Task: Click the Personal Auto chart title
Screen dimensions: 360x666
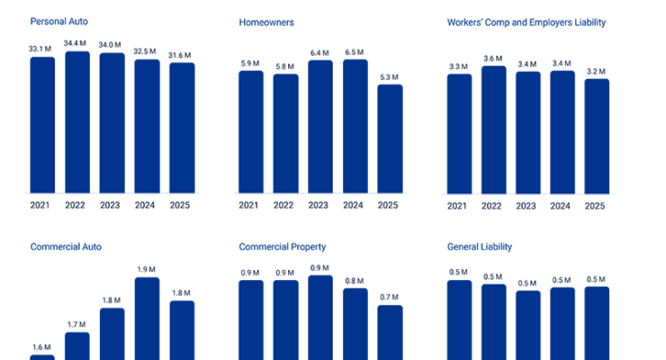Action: click(x=58, y=20)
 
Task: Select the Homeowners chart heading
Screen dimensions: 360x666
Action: click(x=267, y=20)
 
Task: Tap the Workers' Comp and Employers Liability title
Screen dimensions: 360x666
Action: click(x=526, y=20)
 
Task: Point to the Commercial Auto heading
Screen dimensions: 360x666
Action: click(x=67, y=246)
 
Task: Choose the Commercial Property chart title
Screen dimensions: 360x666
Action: click(x=283, y=246)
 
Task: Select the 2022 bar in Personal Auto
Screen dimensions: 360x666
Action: click(x=77, y=122)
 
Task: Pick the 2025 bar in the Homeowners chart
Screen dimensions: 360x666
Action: click(x=390, y=139)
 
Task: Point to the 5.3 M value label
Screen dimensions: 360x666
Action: click(x=390, y=76)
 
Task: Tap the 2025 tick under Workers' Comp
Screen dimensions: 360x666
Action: click(x=596, y=205)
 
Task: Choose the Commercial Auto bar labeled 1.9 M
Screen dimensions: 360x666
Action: click(x=147, y=319)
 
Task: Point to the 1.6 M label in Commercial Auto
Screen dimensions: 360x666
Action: click(x=42, y=346)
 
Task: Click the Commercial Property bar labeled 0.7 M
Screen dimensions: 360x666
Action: click(x=390, y=333)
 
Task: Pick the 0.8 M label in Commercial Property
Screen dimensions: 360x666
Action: click(x=355, y=280)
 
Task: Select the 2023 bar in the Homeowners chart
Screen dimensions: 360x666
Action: click(x=320, y=126)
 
